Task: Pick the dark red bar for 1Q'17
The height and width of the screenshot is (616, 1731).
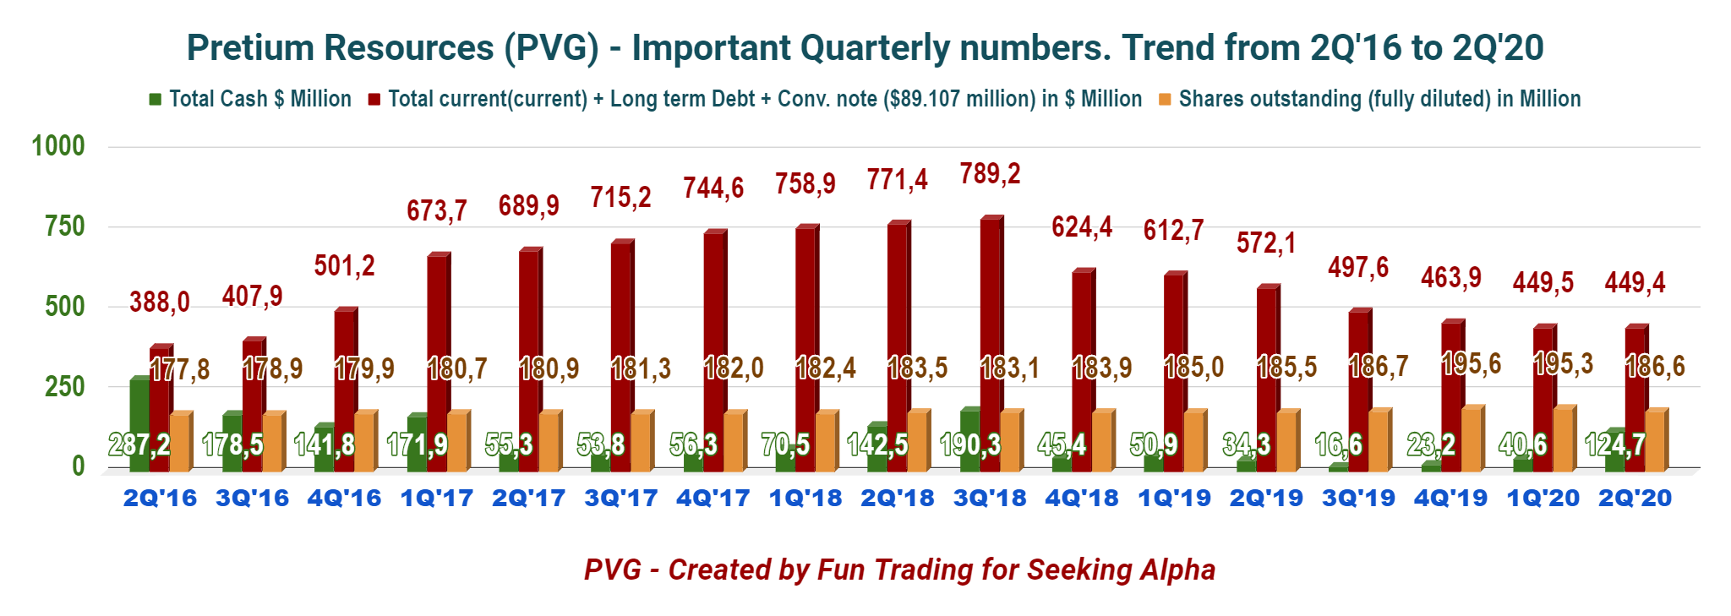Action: coord(439,362)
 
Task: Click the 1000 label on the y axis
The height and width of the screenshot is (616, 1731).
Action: coord(58,146)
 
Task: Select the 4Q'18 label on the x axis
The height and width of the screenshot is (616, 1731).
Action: coord(1082,499)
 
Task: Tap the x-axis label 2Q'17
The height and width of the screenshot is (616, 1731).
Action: coord(529,499)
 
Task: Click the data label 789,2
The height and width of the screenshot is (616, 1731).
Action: coord(991,174)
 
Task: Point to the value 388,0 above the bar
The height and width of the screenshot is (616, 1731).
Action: coord(160,302)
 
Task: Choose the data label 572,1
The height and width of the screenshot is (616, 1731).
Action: coord(1266,243)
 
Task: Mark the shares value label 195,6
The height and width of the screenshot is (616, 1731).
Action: coord(1472,363)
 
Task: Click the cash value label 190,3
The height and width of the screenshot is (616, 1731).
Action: coord(970,444)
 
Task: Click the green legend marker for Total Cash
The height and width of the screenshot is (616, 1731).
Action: coord(155,100)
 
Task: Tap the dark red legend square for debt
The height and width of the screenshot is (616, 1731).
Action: coord(374,100)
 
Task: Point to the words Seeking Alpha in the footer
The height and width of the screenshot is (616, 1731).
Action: coord(1121,570)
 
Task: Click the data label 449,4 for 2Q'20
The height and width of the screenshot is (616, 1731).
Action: coord(1635,282)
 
